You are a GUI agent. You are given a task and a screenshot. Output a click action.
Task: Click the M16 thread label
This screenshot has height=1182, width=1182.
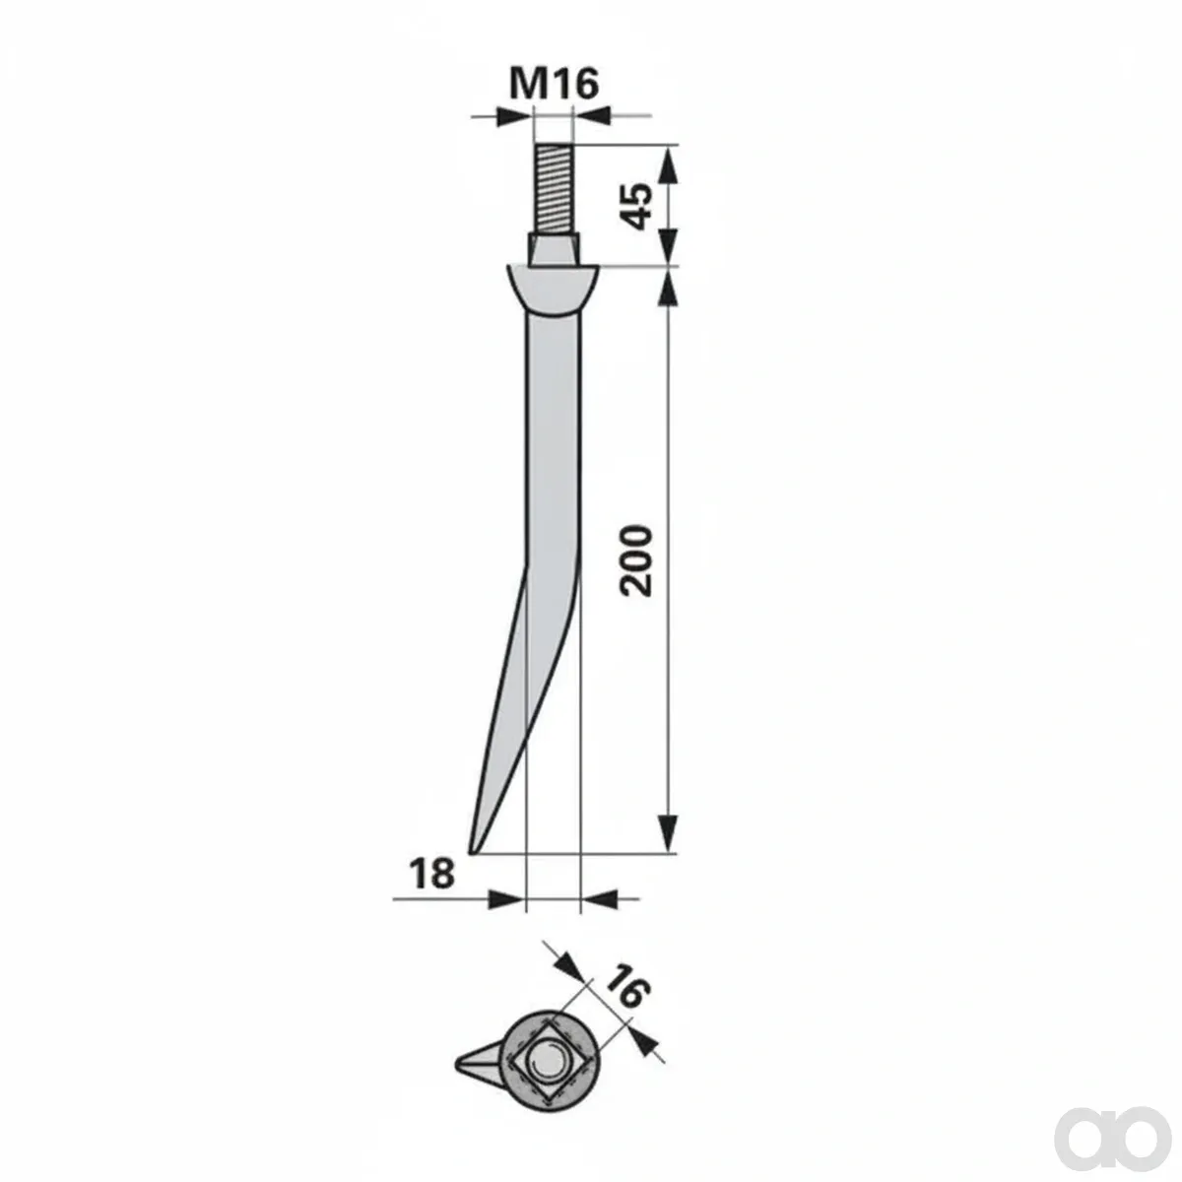(x=554, y=84)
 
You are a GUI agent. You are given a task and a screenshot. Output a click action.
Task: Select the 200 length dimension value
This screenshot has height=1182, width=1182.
(x=634, y=559)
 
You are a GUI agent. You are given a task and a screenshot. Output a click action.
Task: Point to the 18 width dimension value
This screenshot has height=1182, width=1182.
(x=432, y=874)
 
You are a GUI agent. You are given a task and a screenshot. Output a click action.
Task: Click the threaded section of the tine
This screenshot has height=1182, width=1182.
(x=554, y=189)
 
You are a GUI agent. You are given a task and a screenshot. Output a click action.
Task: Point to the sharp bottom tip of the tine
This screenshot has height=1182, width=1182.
(x=471, y=853)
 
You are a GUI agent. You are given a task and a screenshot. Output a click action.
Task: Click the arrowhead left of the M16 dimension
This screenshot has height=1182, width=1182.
(x=514, y=114)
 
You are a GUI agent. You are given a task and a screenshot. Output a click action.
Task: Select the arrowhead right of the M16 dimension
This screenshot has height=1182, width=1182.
(x=591, y=114)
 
